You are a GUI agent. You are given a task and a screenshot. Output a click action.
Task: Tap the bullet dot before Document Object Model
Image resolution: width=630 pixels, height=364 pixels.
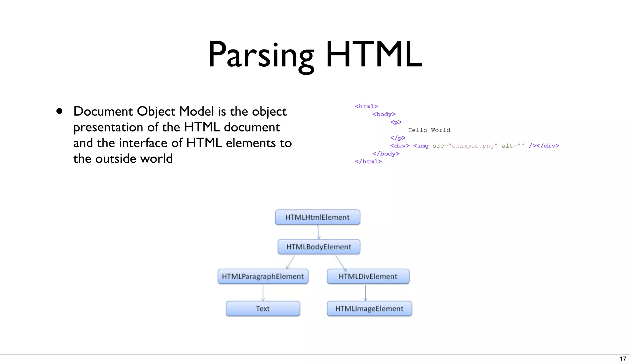point(59,111)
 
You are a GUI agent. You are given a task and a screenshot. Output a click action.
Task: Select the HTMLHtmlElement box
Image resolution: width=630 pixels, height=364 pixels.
point(317,217)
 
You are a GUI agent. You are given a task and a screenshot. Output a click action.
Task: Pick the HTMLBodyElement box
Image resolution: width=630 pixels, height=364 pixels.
point(319,247)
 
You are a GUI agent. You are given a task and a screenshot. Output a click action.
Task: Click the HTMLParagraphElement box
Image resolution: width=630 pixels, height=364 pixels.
point(263,276)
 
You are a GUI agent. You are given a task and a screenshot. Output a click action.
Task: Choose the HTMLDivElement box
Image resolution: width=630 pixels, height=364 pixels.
point(368,276)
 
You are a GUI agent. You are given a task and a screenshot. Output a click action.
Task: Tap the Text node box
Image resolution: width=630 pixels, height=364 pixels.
point(263,309)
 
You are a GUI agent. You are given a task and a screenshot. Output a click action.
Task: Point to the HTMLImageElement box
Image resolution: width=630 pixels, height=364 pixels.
point(369,309)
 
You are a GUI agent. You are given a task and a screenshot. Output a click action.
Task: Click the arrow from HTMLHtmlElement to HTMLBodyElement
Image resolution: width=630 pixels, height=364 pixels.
point(318,232)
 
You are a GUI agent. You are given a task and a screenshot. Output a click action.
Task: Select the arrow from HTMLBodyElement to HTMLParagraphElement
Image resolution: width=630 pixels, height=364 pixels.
point(290,262)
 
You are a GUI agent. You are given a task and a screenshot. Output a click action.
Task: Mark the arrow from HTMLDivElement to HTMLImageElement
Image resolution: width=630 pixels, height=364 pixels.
point(365,292)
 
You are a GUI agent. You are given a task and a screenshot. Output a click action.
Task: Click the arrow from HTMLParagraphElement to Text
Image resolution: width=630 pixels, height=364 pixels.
point(263,292)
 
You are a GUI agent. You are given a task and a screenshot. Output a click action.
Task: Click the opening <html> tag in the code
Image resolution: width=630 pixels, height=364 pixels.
point(366,106)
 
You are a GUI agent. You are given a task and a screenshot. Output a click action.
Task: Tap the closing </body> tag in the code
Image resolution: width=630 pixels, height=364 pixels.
point(386,154)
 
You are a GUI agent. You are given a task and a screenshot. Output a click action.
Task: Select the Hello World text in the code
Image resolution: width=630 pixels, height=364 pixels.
point(429,130)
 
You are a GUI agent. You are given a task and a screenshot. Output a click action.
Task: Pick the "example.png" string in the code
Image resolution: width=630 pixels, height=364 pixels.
point(473,146)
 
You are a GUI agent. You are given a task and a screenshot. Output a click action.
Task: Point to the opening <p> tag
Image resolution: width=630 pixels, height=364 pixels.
point(396,122)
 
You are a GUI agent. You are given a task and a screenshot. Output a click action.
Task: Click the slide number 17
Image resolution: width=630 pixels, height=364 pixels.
point(623,358)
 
